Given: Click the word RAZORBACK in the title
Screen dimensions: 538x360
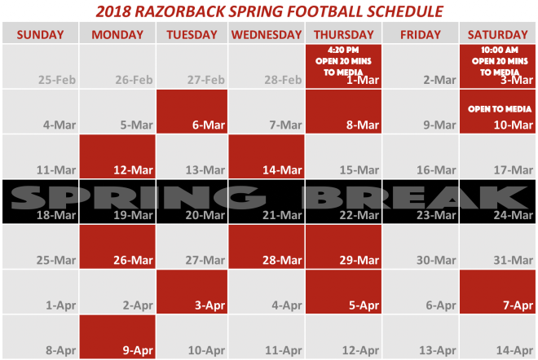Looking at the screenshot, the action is click(x=179, y=11).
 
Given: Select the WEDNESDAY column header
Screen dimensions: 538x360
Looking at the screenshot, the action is click(x=267, y=35).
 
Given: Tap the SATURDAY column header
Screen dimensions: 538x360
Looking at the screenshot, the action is click(x=497, y=35).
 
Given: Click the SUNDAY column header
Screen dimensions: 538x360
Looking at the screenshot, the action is click(x=40, y=35).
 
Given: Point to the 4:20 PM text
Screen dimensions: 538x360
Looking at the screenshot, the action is click(x=343, y=50).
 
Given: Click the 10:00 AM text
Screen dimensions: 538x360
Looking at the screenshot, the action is click(x=500, y=50).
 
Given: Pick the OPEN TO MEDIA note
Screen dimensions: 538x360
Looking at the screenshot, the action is click(x=500, y=109).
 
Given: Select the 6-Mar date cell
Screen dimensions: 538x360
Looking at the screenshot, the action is click(x=192, y=112).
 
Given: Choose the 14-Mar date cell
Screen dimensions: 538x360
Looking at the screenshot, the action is click(x=267, y=156).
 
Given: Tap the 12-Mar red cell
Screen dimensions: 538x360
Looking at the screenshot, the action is click(x=117, y=156).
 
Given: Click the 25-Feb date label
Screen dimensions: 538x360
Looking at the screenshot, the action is click(x=57, y=80).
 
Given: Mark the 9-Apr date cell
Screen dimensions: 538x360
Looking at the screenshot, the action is click(x=117, y=336).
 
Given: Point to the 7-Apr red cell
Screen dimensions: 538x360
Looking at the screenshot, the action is click(x=497, y=292).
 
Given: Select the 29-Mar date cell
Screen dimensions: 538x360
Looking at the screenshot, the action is click(x=343, y=247).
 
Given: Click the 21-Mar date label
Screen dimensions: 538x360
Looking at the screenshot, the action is click(x=282, y=215).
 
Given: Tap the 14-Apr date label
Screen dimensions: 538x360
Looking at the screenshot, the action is click(x=514, y=350).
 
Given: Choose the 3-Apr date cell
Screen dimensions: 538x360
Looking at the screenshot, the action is click(x=192, y=292).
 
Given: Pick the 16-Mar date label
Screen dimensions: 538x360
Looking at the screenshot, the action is click(x=436, y=170).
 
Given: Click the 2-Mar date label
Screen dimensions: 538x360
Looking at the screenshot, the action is click(x=439, y=80).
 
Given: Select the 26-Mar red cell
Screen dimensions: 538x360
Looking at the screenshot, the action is click(x=117, y=247).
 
